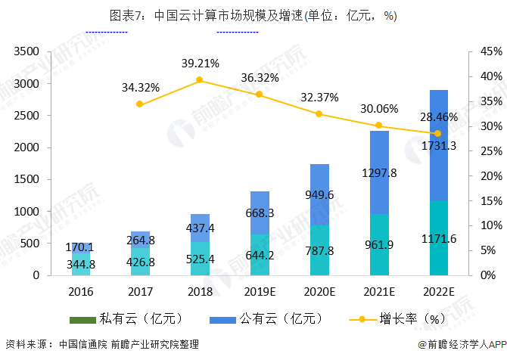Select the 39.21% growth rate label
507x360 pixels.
(201, 63)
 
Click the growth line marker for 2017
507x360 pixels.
(140, 104)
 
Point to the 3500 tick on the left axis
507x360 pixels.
(25, 51)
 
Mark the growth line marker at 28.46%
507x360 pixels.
(437, 133)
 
